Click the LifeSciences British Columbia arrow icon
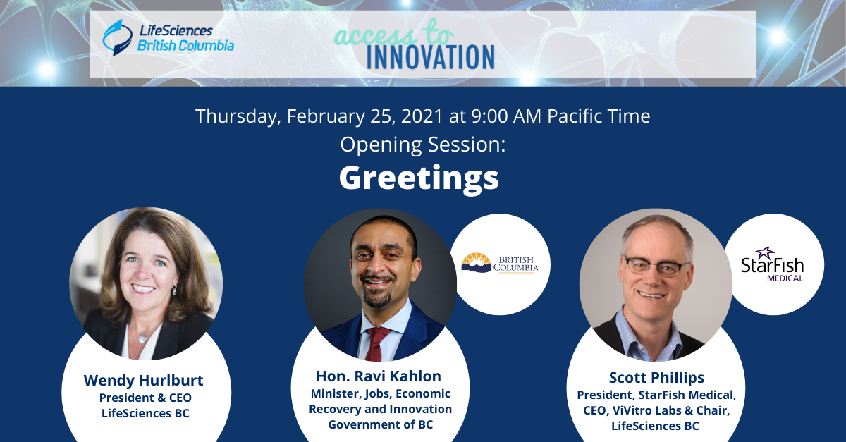[118, 37]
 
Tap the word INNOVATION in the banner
[431, 57]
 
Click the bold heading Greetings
[419, 178]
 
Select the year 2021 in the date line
[422, 116]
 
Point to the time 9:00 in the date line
[489, 116]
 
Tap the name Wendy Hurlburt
[144, 380]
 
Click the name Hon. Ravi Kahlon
[379, 376]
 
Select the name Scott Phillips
[657, 378]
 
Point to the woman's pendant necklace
[142, 338]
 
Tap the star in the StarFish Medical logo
[765, 253]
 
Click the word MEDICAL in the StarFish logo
[785, 278]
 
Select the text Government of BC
[380, 424]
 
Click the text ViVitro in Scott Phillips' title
[637, 411]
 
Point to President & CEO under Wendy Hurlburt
[145, 398]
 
